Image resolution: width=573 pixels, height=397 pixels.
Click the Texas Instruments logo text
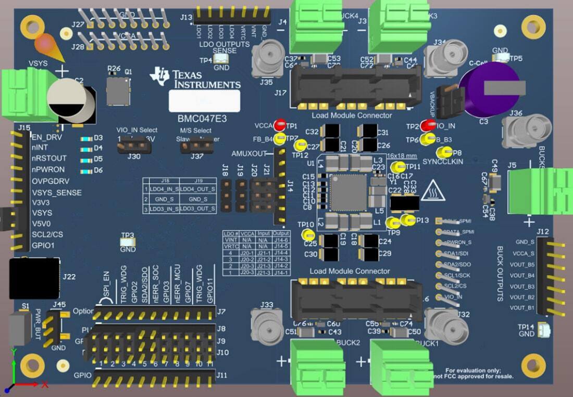[206, 79]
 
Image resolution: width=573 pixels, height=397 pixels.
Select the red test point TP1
[280, 125]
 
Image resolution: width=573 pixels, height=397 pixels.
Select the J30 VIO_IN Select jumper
[133, 147]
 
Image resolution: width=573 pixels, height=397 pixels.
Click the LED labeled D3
[84, 139]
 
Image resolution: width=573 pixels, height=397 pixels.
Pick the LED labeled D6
[84, 170]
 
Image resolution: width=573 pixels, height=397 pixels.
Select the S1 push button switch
[19, 328]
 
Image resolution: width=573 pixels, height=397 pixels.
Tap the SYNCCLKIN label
[443, 162]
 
